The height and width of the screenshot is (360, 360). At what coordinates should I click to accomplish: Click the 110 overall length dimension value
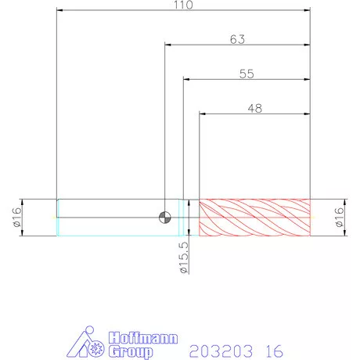pos(183,5)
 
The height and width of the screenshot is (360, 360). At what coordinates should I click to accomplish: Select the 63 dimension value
pos(237,39)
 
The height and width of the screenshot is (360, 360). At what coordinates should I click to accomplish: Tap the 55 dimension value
pos(247,74)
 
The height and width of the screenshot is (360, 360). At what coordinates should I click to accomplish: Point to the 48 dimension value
pos(255,108)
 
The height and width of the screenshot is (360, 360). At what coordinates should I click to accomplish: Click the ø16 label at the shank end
pos(16,217)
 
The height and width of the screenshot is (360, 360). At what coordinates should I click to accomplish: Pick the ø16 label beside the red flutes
pos(339,217)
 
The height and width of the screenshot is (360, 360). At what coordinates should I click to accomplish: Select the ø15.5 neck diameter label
pos(184,257)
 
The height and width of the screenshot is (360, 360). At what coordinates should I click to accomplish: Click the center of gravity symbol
pos(165,218)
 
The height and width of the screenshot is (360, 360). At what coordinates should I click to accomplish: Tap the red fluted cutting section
pos(254,218)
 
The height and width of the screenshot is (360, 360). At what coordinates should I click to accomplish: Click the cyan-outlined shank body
pos(118,218)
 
